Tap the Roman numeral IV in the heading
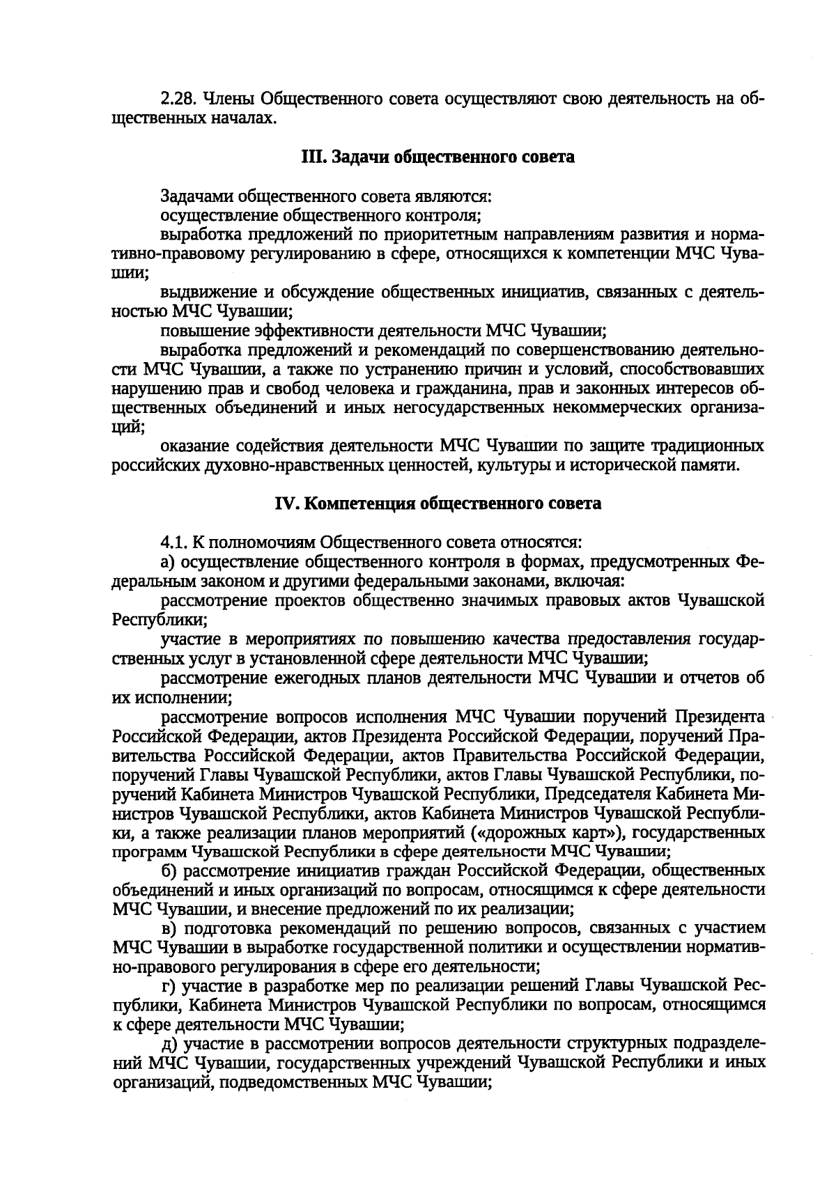tap(288, 503)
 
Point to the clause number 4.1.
tap(173, 541)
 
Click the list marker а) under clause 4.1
tap(168, 561)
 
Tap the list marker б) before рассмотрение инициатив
tap(168, 870)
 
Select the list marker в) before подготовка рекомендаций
tap(168, 928)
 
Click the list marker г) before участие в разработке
tap(167, 985)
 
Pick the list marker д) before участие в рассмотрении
tap(168, 1043)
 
